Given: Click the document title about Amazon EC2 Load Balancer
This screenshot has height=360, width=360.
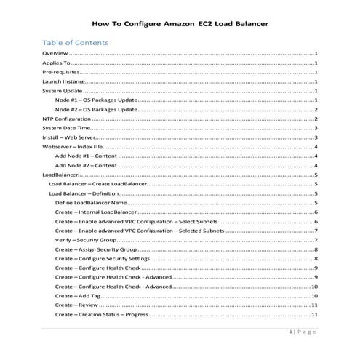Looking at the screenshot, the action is [180, 23].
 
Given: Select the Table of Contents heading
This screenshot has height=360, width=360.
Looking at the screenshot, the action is [76, 42].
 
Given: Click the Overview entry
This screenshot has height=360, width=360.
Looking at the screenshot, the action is [55, 54].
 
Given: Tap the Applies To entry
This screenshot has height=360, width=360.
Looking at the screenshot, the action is [57, 63].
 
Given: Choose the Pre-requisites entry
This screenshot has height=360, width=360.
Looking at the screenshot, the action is [61, 73].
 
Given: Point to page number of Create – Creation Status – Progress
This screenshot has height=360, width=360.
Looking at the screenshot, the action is [315, 315].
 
